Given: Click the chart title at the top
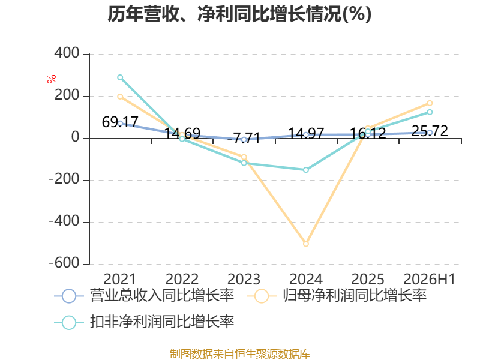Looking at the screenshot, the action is tap(239, 14).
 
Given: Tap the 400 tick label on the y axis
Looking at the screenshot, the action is tap(67, 53).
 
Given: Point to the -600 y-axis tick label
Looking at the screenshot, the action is tap(64, 263).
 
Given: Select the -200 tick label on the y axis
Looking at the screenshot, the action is tap(64, 179).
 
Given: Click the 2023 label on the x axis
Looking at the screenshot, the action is tap(244, 279).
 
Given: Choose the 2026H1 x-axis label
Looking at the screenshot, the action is tap(429, 279).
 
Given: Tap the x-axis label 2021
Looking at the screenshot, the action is tap(119, 279).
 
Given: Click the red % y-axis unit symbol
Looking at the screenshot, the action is tap(52, 79).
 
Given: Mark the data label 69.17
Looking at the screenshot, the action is tap(120, 122).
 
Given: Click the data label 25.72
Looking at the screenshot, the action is tap(430, 131).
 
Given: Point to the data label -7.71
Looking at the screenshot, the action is tap(244, 138).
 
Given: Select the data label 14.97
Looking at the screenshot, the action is tap(306, 133).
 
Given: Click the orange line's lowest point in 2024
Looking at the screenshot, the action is tap(306, 244).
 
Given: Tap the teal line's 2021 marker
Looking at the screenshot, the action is tap(120, 77).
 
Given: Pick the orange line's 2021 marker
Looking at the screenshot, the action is tap(120, 97).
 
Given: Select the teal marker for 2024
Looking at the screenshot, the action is tap(306, 170).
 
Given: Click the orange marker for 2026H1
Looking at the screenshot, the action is tap(430, 103).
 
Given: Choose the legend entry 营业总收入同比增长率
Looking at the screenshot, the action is tap(144, 296).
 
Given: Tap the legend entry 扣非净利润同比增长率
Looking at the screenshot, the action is tap(144, 322).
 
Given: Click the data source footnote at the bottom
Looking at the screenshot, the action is tap(240, 354).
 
